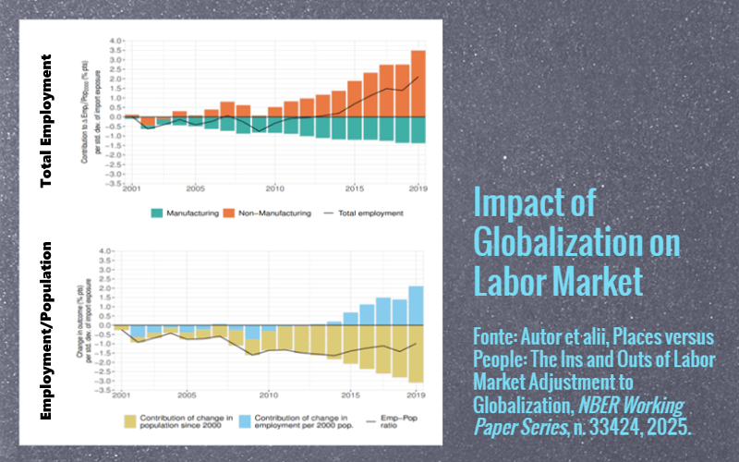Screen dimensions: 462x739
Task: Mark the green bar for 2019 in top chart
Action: point(418,130)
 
